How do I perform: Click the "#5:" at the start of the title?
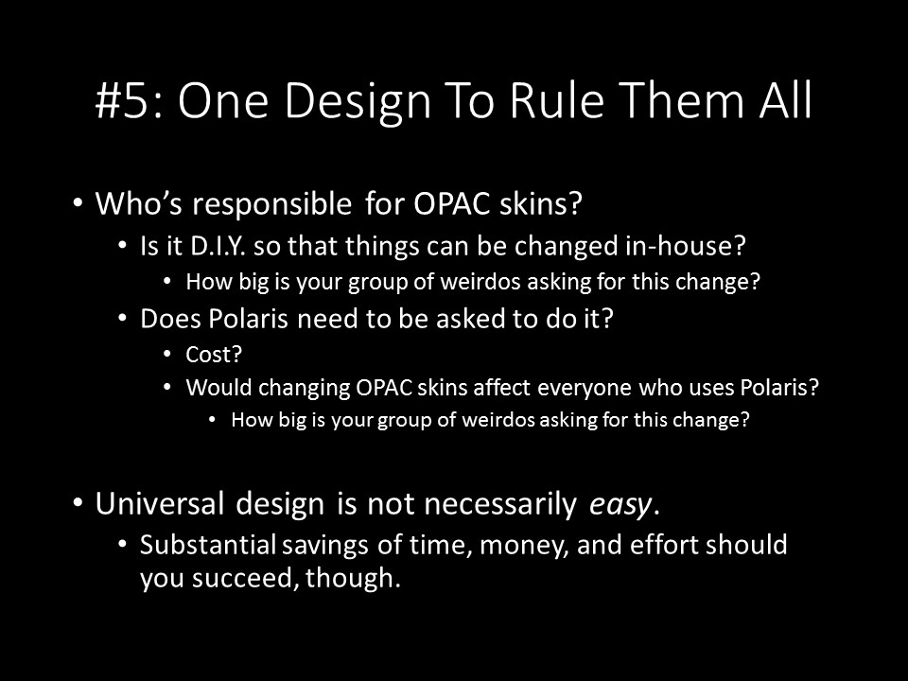pos(131,100)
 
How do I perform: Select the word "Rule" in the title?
pos(557,100)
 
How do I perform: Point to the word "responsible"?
pos(272,205)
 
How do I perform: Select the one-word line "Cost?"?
pos(213,355)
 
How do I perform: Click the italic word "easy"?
pos(620,505)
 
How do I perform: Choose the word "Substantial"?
pos(208,545)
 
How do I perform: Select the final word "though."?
pos(353,577)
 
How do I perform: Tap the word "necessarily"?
pos(500,504)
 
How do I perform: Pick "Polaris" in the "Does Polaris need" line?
pos(248,319)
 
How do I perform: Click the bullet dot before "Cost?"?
pos(167,354)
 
